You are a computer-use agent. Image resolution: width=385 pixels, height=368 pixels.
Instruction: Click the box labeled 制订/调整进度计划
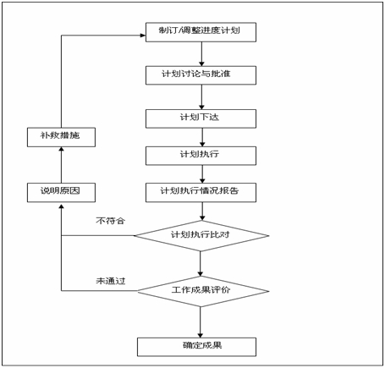click(201, 32)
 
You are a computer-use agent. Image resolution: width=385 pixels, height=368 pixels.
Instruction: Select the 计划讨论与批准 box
click(201, 75)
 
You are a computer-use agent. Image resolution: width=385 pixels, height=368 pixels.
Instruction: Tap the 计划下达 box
click(201, 118)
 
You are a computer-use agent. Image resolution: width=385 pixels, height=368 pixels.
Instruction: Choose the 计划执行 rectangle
click(201, 156)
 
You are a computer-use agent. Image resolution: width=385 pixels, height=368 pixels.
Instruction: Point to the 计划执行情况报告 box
click(201, 193)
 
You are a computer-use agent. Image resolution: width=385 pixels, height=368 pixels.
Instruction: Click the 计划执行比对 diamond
click(201, 236)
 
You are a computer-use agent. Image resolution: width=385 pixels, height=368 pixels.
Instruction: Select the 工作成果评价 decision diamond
click(203, 291)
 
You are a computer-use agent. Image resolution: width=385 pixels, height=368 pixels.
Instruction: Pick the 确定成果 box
click(197, 347)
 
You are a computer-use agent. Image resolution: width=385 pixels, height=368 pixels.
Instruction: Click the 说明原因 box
click(61, 193)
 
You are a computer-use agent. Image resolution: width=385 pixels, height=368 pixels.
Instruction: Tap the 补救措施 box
click(61, 137)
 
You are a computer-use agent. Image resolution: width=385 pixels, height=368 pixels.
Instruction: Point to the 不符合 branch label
click(110, 221)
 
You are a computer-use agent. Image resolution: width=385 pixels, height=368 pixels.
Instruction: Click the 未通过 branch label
click(111, 281)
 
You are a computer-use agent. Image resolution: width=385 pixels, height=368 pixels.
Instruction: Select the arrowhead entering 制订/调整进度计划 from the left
click(143, 36)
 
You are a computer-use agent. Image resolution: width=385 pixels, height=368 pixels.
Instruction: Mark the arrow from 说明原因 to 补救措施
click(61, 165)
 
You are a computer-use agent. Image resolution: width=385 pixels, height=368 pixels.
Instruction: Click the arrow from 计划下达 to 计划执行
click(202, 137)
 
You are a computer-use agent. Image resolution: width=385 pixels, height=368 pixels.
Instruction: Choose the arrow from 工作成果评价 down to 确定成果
click(201, 322)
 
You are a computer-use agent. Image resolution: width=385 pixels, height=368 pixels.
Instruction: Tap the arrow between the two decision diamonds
click(201, 264)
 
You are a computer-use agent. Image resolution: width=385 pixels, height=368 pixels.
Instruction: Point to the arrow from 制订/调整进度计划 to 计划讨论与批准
click(201, 54)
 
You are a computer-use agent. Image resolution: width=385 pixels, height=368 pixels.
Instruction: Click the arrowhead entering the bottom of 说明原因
click(61, 205)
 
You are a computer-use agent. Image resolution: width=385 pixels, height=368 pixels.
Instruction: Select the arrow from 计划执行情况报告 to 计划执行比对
click(202, 211)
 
